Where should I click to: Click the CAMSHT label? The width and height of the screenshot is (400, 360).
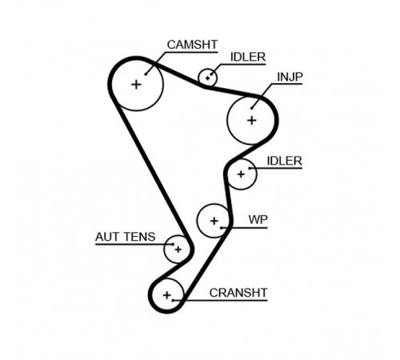[192, 45]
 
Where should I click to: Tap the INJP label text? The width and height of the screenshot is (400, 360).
[290, 77]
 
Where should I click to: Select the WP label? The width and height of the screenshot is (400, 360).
[258, 220]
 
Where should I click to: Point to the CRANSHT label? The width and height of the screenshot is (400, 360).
[238, 293]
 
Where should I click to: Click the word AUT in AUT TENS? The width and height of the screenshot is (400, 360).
[108, 237]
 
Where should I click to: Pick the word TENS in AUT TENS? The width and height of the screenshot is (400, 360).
[140, 237]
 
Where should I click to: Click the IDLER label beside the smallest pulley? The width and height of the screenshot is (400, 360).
[248, 57]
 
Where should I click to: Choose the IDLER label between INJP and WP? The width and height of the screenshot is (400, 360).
[284, 161]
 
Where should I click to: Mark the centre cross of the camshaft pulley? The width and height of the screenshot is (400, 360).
[136, 85]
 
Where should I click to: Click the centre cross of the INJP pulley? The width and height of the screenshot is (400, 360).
[252, 121]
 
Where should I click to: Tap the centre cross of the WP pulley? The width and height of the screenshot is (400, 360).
[214, 221]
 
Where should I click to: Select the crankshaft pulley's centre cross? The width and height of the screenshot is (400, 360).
[167, 295]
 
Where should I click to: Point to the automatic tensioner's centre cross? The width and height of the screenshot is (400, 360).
[178, 250]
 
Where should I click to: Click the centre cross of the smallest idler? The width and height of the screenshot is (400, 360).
[207, 78]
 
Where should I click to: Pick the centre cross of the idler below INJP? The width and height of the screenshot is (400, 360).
[241, 174]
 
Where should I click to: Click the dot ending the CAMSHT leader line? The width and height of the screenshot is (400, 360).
[146, 74]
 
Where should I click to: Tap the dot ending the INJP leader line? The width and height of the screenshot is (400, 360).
[252, 108]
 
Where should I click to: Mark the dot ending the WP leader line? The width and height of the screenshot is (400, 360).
[221, 228]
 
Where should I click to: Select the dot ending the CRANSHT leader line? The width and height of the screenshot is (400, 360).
[173, 301]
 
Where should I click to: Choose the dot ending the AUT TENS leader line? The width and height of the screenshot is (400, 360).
[173, 244]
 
